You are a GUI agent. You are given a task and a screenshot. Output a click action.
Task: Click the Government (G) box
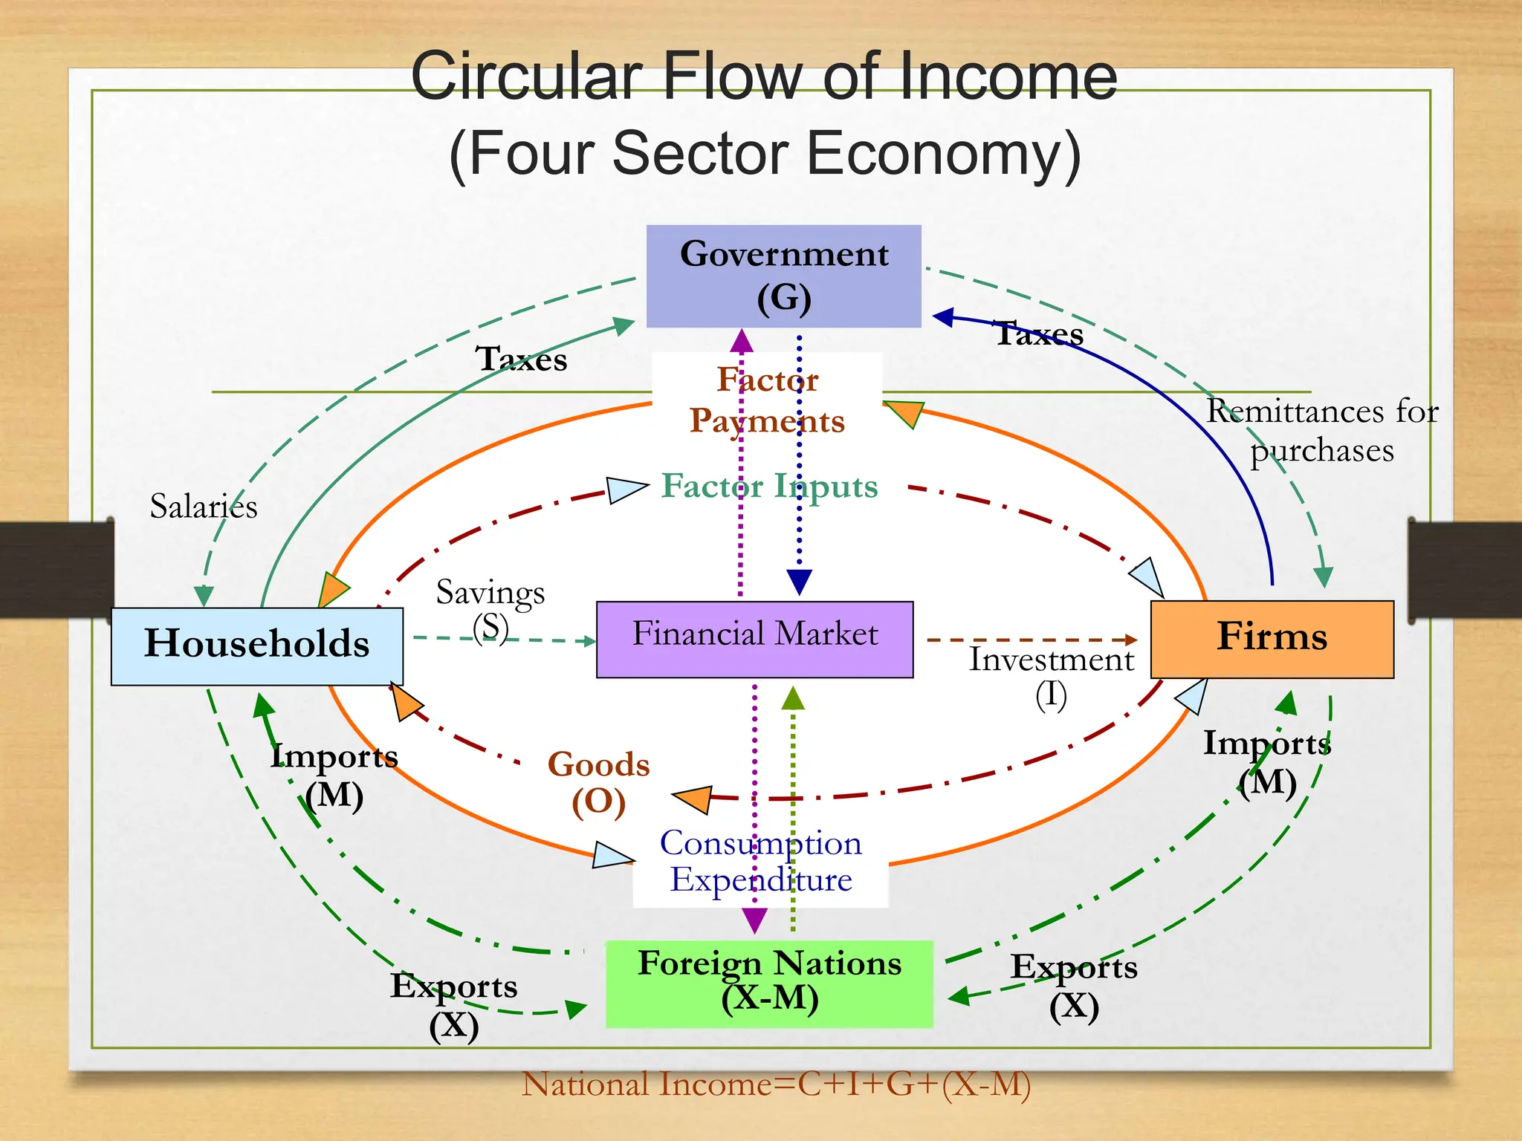tap(783, 276)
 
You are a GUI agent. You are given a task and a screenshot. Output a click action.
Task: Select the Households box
tap(256, 645)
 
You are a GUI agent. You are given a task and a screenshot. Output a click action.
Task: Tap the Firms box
tap(1272, 638)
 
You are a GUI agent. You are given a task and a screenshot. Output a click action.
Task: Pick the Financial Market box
tap(754, 638)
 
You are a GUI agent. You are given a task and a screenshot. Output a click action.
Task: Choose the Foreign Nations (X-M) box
tap(769, 983)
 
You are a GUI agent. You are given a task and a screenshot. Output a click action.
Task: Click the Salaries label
tap(204, 507)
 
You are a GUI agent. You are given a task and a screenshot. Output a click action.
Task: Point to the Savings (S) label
tap(490, 609)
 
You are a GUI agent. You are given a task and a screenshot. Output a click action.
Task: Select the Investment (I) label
tap(1051, 676)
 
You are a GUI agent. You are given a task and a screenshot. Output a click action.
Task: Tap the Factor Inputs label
tap(770, 487)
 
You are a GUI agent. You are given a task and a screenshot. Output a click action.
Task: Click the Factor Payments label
tap(767, 400)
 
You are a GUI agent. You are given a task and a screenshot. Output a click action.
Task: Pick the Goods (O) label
tap(598, 782)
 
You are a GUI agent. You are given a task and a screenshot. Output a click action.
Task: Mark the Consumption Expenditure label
tap(761, 862)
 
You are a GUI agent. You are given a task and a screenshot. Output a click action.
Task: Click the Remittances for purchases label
tap(1322, 431)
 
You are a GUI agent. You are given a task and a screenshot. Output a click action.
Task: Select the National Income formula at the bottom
tap(776, 1084)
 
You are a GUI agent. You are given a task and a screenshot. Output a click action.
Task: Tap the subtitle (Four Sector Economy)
tap(765, 154)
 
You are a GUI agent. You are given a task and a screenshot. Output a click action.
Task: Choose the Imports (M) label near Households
tap(334, 776)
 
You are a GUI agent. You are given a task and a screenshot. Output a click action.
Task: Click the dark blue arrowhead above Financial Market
tap(799, 581)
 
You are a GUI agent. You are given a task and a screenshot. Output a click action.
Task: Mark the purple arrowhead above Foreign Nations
tap(754, 920)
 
